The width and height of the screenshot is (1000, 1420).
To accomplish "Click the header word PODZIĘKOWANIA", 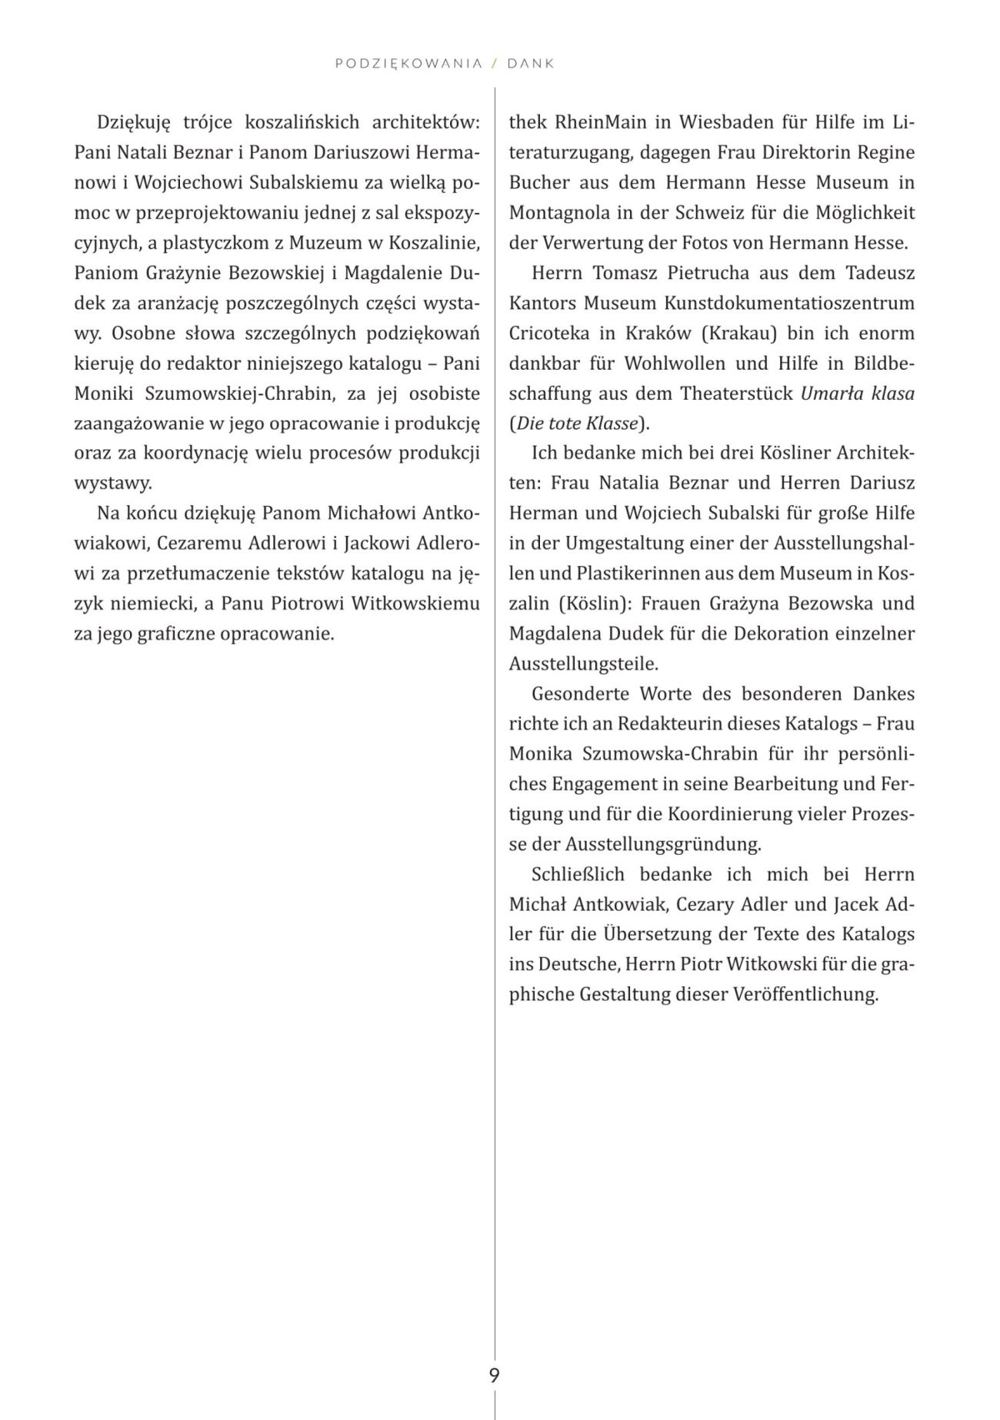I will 408,64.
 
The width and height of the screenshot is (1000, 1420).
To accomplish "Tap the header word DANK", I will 531,64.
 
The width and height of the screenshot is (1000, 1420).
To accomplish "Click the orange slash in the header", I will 495,64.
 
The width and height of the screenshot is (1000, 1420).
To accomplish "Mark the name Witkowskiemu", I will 415,604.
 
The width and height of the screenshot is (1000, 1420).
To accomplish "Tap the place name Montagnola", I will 562,213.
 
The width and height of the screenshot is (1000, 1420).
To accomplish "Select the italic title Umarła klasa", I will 857,394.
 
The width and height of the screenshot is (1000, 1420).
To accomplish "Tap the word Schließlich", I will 578,875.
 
